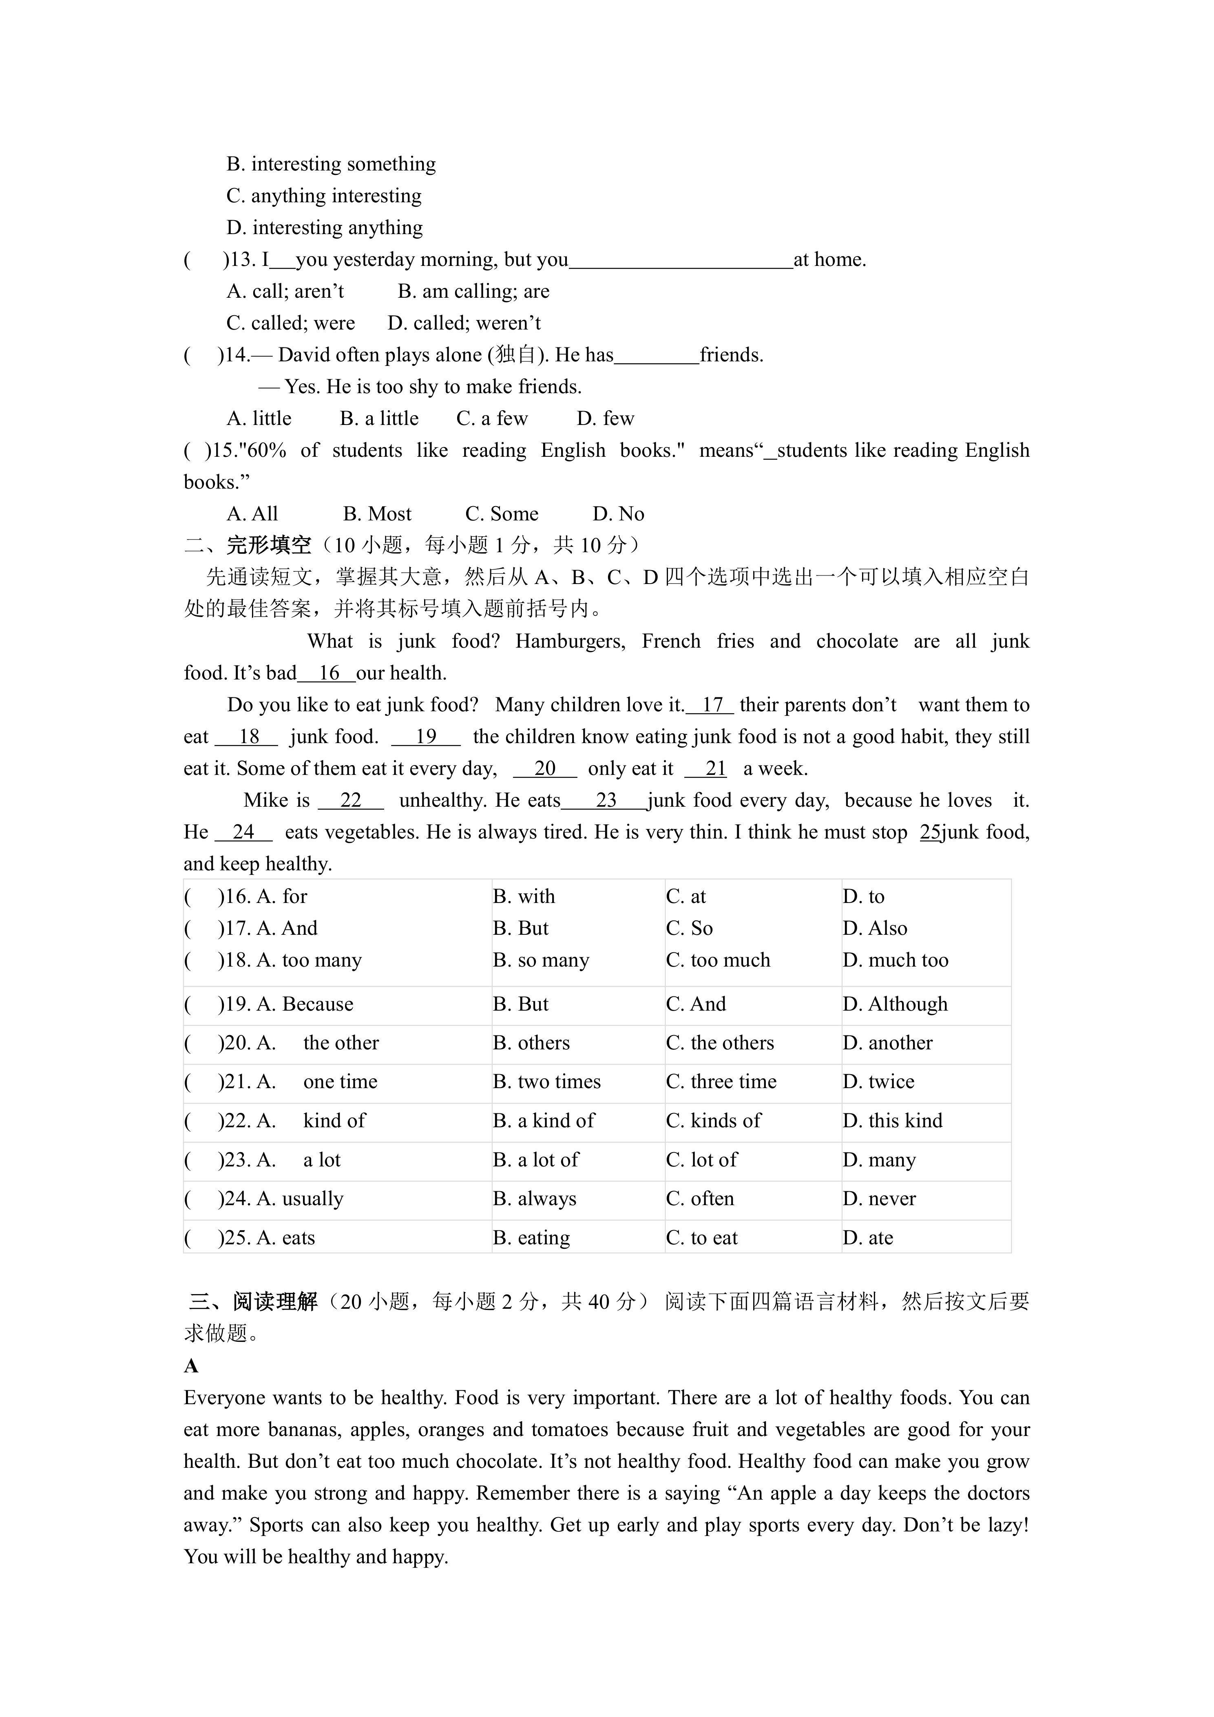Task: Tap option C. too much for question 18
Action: [x=718, y=960]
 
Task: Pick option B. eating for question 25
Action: [x=531, y=1238]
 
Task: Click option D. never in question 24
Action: [x=879, y=1199]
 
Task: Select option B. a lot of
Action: [x=535, y=1160]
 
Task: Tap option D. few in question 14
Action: [x=606, y=419]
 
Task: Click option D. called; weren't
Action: [x=464, y=323]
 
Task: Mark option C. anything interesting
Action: [x=324, y=196]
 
